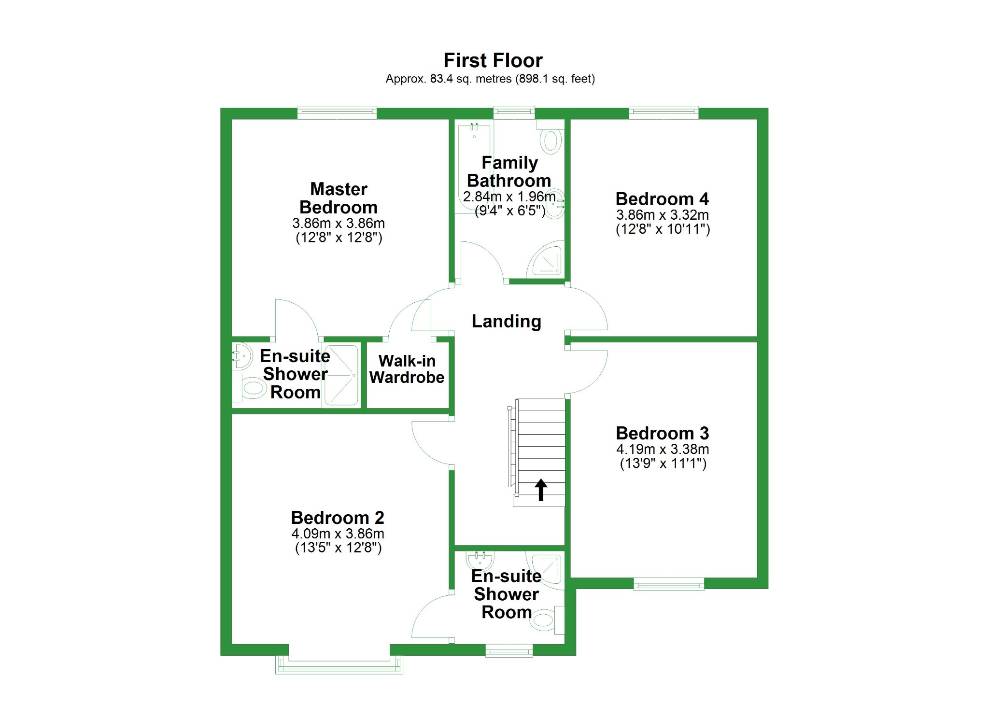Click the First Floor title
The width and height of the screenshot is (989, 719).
[x=493, y=61]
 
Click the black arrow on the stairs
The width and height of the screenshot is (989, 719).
[x=541, y=489]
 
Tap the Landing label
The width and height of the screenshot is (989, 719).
[x=506, y=322]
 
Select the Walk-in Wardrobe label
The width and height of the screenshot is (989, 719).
[x=407, y=369]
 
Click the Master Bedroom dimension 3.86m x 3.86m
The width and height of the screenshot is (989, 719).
[x=338, y=224]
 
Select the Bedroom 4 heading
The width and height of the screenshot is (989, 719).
[x=662, y=199]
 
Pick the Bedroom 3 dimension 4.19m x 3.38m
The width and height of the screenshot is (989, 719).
[x=662, y=449]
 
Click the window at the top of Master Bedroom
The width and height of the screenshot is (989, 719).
[x=337, y=112]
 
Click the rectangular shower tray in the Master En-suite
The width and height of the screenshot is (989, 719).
[x=341, y=375]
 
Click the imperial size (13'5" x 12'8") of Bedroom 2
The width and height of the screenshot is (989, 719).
[x=338, y=548]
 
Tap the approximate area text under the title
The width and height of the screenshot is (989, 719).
[x=490, y=79]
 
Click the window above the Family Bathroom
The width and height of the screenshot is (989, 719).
[x=514, y=112]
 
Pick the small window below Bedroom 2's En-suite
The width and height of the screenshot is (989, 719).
[x=509, y=651]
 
